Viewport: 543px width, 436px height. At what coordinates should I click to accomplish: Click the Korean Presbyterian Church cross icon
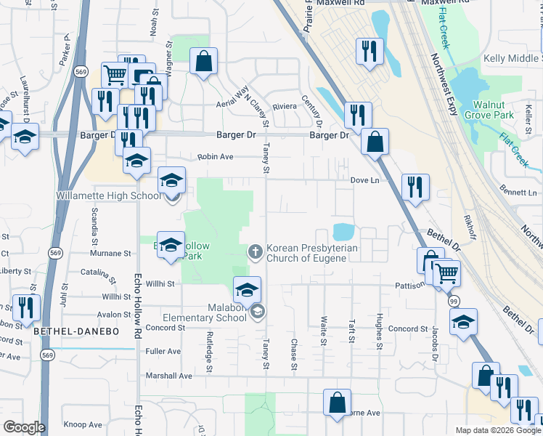click(x=256, y=251)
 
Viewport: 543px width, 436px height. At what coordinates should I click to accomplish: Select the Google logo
click(x=24, y=427)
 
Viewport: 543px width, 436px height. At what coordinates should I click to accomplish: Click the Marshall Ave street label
click(x=171, y=376)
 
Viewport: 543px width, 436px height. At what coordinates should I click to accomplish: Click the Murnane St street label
click(x=110, y=254)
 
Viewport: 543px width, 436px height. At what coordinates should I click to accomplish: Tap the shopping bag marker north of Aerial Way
click(x=204, y=62)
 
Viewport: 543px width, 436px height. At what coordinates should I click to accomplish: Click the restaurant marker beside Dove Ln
click(x=415, y=187)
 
